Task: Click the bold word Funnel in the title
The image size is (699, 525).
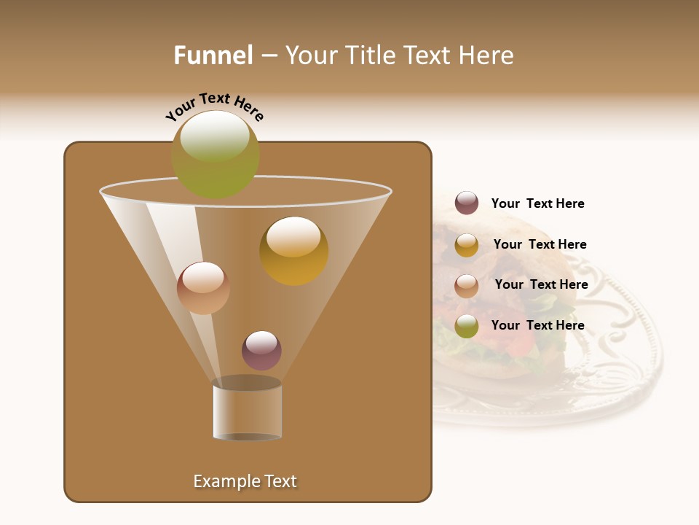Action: pos(213,55)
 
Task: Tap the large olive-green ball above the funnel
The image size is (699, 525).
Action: pos(216,155)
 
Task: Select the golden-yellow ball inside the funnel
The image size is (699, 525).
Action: pos(294,251)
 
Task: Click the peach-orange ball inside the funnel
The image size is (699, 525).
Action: pos(203,288)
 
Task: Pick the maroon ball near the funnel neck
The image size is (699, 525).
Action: pos(261,350)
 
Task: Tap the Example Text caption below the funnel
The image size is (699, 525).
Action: pos(245,481)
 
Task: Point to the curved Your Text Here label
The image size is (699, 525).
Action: pos(214,106)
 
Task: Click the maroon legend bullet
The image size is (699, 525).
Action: pos(467,203)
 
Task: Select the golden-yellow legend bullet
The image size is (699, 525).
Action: pos(467,245)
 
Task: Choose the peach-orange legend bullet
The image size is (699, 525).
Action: pos(467,286)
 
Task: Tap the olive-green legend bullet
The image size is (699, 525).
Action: pos(467,326)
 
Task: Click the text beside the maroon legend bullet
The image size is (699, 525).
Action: pos(537,204)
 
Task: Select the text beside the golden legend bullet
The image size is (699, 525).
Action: pos(540,245)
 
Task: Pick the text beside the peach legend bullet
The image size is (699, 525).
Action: pos(541,285)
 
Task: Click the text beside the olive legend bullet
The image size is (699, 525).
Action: pos(537,325)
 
